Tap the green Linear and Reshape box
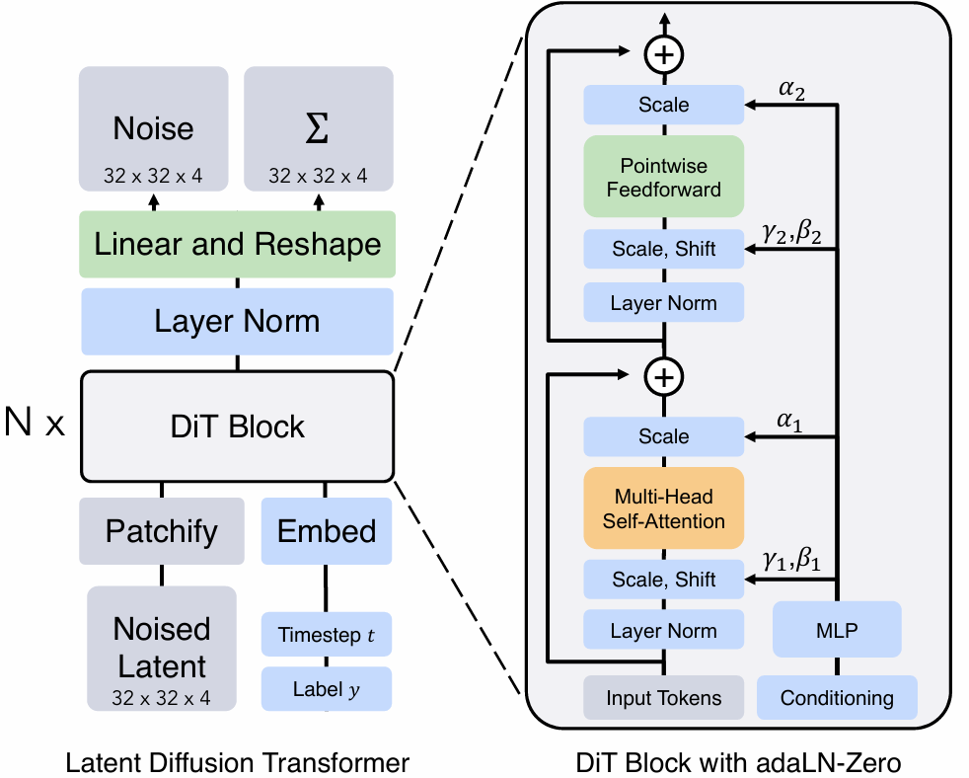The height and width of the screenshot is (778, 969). coord(237,244)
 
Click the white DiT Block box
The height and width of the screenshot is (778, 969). coord(237,427)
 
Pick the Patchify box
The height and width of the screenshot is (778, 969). coord(161,530)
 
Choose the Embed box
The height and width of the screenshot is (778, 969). coord(327,530)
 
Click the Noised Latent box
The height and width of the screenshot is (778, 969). coord(161,648)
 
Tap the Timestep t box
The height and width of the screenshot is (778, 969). coord(327,634)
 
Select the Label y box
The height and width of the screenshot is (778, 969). coord(327,689)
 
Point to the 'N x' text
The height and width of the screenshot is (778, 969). coord(35,425)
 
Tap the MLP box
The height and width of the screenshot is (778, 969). coord(837,630)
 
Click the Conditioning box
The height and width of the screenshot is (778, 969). coord(837,698)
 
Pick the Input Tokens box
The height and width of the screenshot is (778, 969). coord(663,698)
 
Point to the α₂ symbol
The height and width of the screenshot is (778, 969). coord(792,90)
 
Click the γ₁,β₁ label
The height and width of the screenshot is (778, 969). coord(791,562)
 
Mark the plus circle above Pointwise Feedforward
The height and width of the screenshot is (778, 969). coord(664,53)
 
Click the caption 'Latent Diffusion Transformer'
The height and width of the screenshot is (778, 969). coord(237,762)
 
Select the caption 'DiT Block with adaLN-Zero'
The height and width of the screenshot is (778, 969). coord(740,762)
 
